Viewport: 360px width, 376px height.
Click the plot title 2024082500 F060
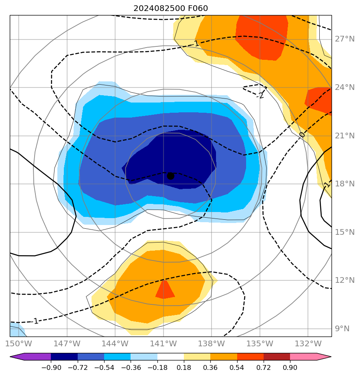170,9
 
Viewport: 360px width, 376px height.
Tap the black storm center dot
170,176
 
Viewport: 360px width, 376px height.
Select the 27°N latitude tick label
345,39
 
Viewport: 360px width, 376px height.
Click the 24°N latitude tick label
345,87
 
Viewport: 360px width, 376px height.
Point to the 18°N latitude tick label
345,184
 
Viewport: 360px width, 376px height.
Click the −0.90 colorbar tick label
51,368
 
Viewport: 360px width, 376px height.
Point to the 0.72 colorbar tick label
264,368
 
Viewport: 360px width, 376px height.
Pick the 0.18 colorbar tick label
184,368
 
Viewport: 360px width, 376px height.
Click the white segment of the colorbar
170,357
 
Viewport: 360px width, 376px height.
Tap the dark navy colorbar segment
64,357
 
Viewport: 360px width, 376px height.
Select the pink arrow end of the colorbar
323,357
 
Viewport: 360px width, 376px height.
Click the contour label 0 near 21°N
302,135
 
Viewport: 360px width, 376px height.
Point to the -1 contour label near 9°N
35,321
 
